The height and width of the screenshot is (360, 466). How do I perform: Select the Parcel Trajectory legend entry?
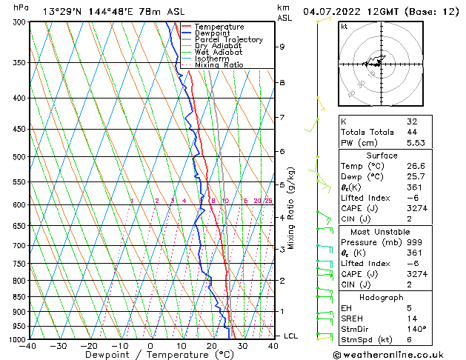coord(228,40)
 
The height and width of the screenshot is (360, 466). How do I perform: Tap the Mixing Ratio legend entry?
coord(219,65)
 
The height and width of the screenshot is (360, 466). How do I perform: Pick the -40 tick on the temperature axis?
coord(28,345)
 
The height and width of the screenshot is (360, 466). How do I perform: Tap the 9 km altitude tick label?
coord(282,47)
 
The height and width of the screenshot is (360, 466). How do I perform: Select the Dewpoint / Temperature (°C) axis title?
coord(150,355)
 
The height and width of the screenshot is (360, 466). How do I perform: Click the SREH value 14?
coord(413,318)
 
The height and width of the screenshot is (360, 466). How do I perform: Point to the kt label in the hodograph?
coord(344,26)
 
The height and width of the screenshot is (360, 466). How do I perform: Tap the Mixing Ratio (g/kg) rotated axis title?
coord(291,208)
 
